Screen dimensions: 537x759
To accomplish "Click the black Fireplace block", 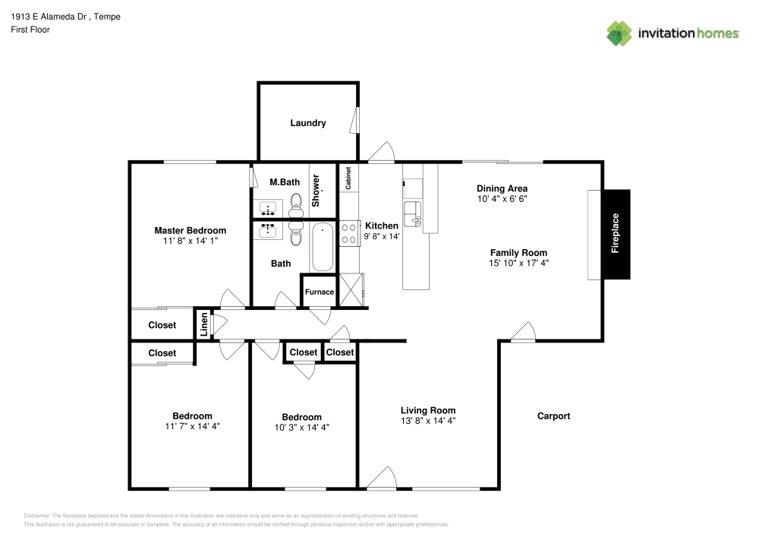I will pos(616,234).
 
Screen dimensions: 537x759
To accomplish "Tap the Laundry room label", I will pos(308,123).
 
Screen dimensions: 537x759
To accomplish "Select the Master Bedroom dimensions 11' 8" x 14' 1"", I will pos(190,242).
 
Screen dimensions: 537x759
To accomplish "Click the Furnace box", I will pos(320,292).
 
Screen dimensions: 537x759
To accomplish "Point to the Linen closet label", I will pos(203,324).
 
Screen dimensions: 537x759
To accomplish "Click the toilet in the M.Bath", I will pos(296,202).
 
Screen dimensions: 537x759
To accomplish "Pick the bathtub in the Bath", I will pos(323,248).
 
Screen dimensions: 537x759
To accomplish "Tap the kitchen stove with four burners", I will pos(349,232).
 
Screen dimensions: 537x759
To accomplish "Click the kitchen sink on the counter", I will pos(412,210).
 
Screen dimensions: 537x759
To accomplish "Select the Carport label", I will pos(553,415).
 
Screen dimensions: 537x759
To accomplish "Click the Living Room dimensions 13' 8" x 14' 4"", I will pos(429,420).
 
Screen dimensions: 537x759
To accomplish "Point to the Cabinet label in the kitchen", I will pos(348,178).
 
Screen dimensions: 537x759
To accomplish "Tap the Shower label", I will pos(317,192).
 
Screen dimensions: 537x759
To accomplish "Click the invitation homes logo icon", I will pos(619,33).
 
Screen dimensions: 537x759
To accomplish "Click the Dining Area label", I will pos(502,188).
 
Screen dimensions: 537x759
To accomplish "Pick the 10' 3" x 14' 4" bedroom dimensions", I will pos(301,427).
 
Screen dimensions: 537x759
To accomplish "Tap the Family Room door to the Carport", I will pos(522,333).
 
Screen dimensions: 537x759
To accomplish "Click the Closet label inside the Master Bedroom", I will pos(162,325).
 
